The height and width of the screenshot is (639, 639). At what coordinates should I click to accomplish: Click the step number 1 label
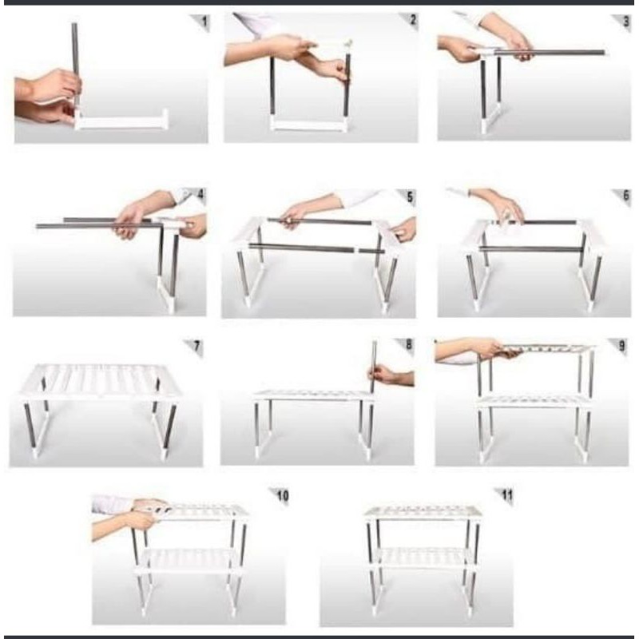coord(204,22)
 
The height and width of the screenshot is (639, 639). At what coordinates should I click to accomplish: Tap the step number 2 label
coord(413,19)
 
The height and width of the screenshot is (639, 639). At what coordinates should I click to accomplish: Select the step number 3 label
coord(626,22)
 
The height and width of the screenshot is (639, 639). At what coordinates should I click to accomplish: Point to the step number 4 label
coord(200,194)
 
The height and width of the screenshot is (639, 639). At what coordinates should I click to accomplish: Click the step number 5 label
coord(410,196)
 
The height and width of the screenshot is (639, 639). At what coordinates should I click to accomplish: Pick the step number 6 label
coord(626,195)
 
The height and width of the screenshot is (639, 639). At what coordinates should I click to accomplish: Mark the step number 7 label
coord(197,347)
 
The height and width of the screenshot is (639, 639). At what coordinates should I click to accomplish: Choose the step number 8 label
coord(409,345)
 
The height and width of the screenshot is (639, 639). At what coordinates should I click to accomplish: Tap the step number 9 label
coord(622,346)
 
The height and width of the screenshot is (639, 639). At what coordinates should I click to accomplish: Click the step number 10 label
coord(283,495)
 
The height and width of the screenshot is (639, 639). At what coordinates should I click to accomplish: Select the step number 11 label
coord(507,494)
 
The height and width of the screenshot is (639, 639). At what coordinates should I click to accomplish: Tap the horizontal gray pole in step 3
coord(550,52)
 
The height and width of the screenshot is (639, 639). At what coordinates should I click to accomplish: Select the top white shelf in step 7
coord(101,381)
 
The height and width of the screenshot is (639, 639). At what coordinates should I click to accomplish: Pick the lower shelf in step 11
coord(423,558)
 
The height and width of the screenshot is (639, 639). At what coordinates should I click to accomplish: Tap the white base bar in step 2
coord(309,124)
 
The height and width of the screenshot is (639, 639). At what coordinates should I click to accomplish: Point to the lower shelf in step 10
coord(187,561)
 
